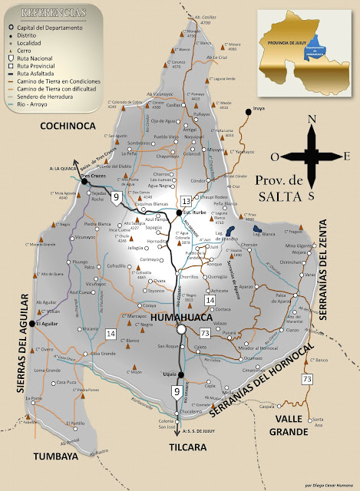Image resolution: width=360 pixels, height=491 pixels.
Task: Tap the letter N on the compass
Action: (311, 119)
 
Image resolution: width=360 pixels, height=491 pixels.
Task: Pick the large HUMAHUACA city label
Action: (182, 316)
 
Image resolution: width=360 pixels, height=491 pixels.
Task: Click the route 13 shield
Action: (185, 200)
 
